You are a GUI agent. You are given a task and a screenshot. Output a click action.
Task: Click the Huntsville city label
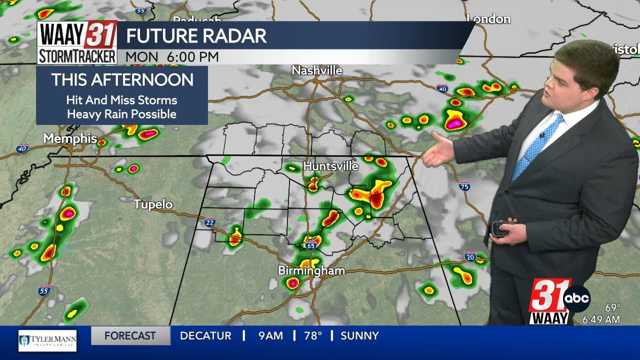click(330, 166)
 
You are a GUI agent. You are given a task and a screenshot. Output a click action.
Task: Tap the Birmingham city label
click(311, 271)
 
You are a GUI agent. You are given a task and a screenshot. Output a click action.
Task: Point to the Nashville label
click(317, 71)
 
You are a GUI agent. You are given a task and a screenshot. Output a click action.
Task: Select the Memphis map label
click(70, 138)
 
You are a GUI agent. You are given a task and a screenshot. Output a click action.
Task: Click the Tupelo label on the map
click(153, 204)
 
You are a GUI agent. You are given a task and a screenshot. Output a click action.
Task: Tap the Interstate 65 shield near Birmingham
click(311, 245)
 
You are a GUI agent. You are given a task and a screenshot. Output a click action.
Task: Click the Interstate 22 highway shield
click(210, 221)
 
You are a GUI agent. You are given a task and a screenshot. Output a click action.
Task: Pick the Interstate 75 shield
click(464, 186)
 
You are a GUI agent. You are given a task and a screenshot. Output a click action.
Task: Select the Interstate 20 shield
click(470, 256)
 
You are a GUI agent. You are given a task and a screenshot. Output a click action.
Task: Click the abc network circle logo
click(576, 299)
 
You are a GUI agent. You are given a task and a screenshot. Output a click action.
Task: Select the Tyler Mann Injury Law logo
click(47, 340)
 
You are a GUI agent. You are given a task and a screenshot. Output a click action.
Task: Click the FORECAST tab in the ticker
click(130, 336)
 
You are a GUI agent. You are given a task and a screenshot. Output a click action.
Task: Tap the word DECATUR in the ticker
click(205, 336)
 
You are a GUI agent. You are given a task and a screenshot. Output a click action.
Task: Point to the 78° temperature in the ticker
click(313, 336)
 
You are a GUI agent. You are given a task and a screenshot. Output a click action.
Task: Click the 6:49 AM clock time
click(601, 319)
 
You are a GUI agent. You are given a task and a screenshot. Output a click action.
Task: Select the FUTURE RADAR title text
click(196, 36)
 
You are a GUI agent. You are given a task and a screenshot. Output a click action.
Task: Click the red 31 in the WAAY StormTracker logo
click(101, 34)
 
